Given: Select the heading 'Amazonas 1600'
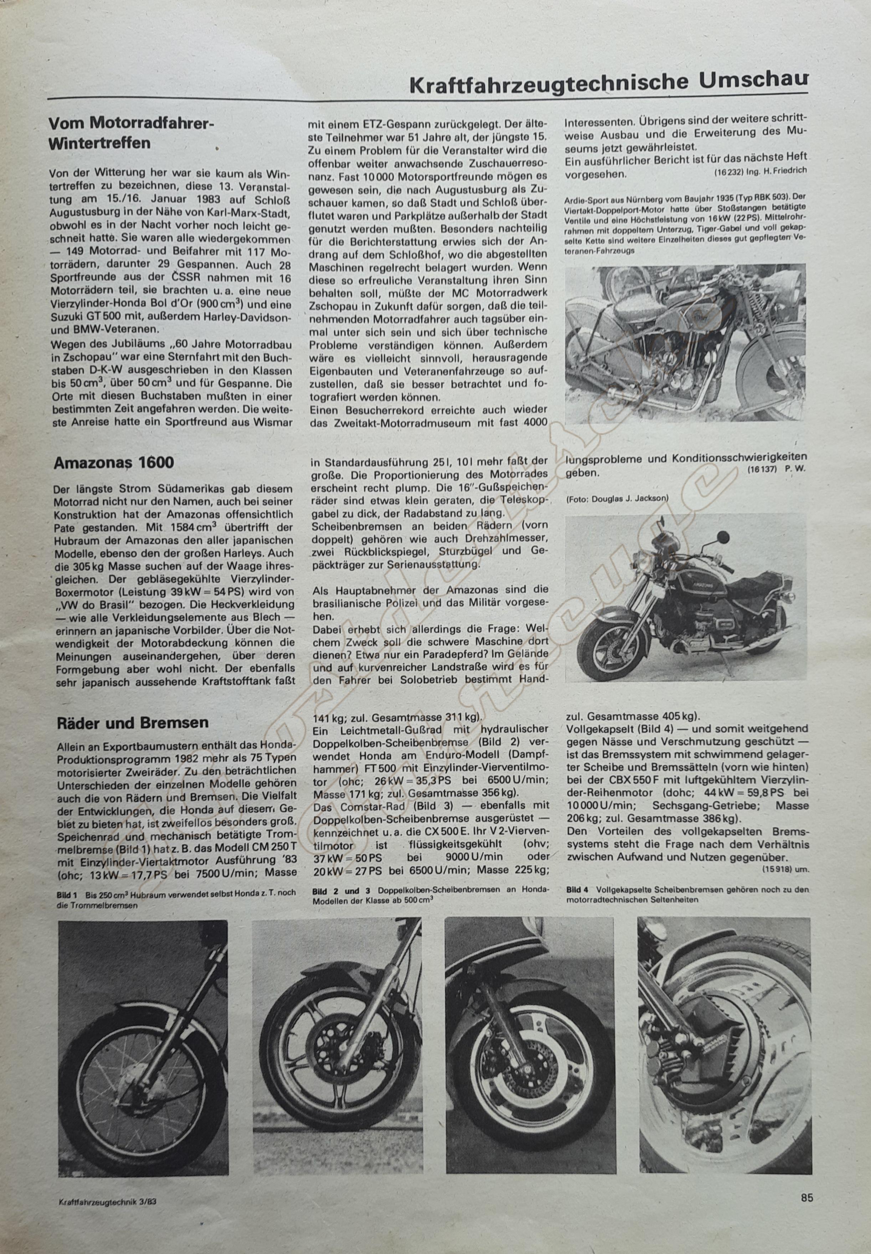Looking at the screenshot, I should [113, 462].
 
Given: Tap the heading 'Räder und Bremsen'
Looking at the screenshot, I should [133, 722].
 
